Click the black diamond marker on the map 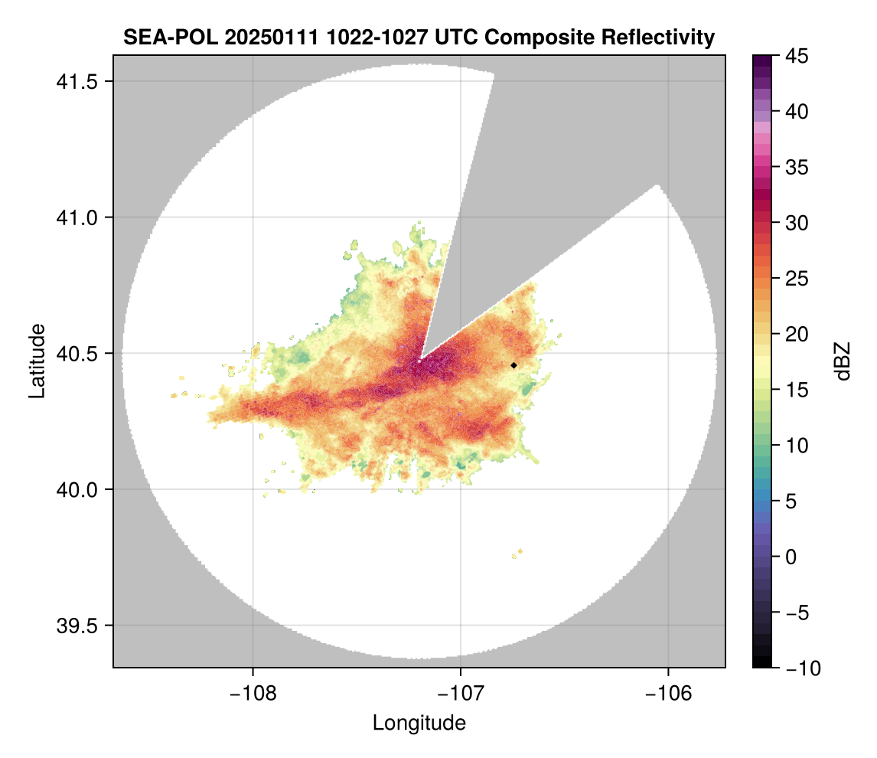pos(513,365)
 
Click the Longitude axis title pos(419,723)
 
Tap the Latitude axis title pos(36,361)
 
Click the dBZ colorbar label pos(843,361)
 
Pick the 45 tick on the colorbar pos(797,56)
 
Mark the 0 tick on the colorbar pos(792,557)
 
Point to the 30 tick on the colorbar pos(797,223)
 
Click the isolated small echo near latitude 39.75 pos(519,552)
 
